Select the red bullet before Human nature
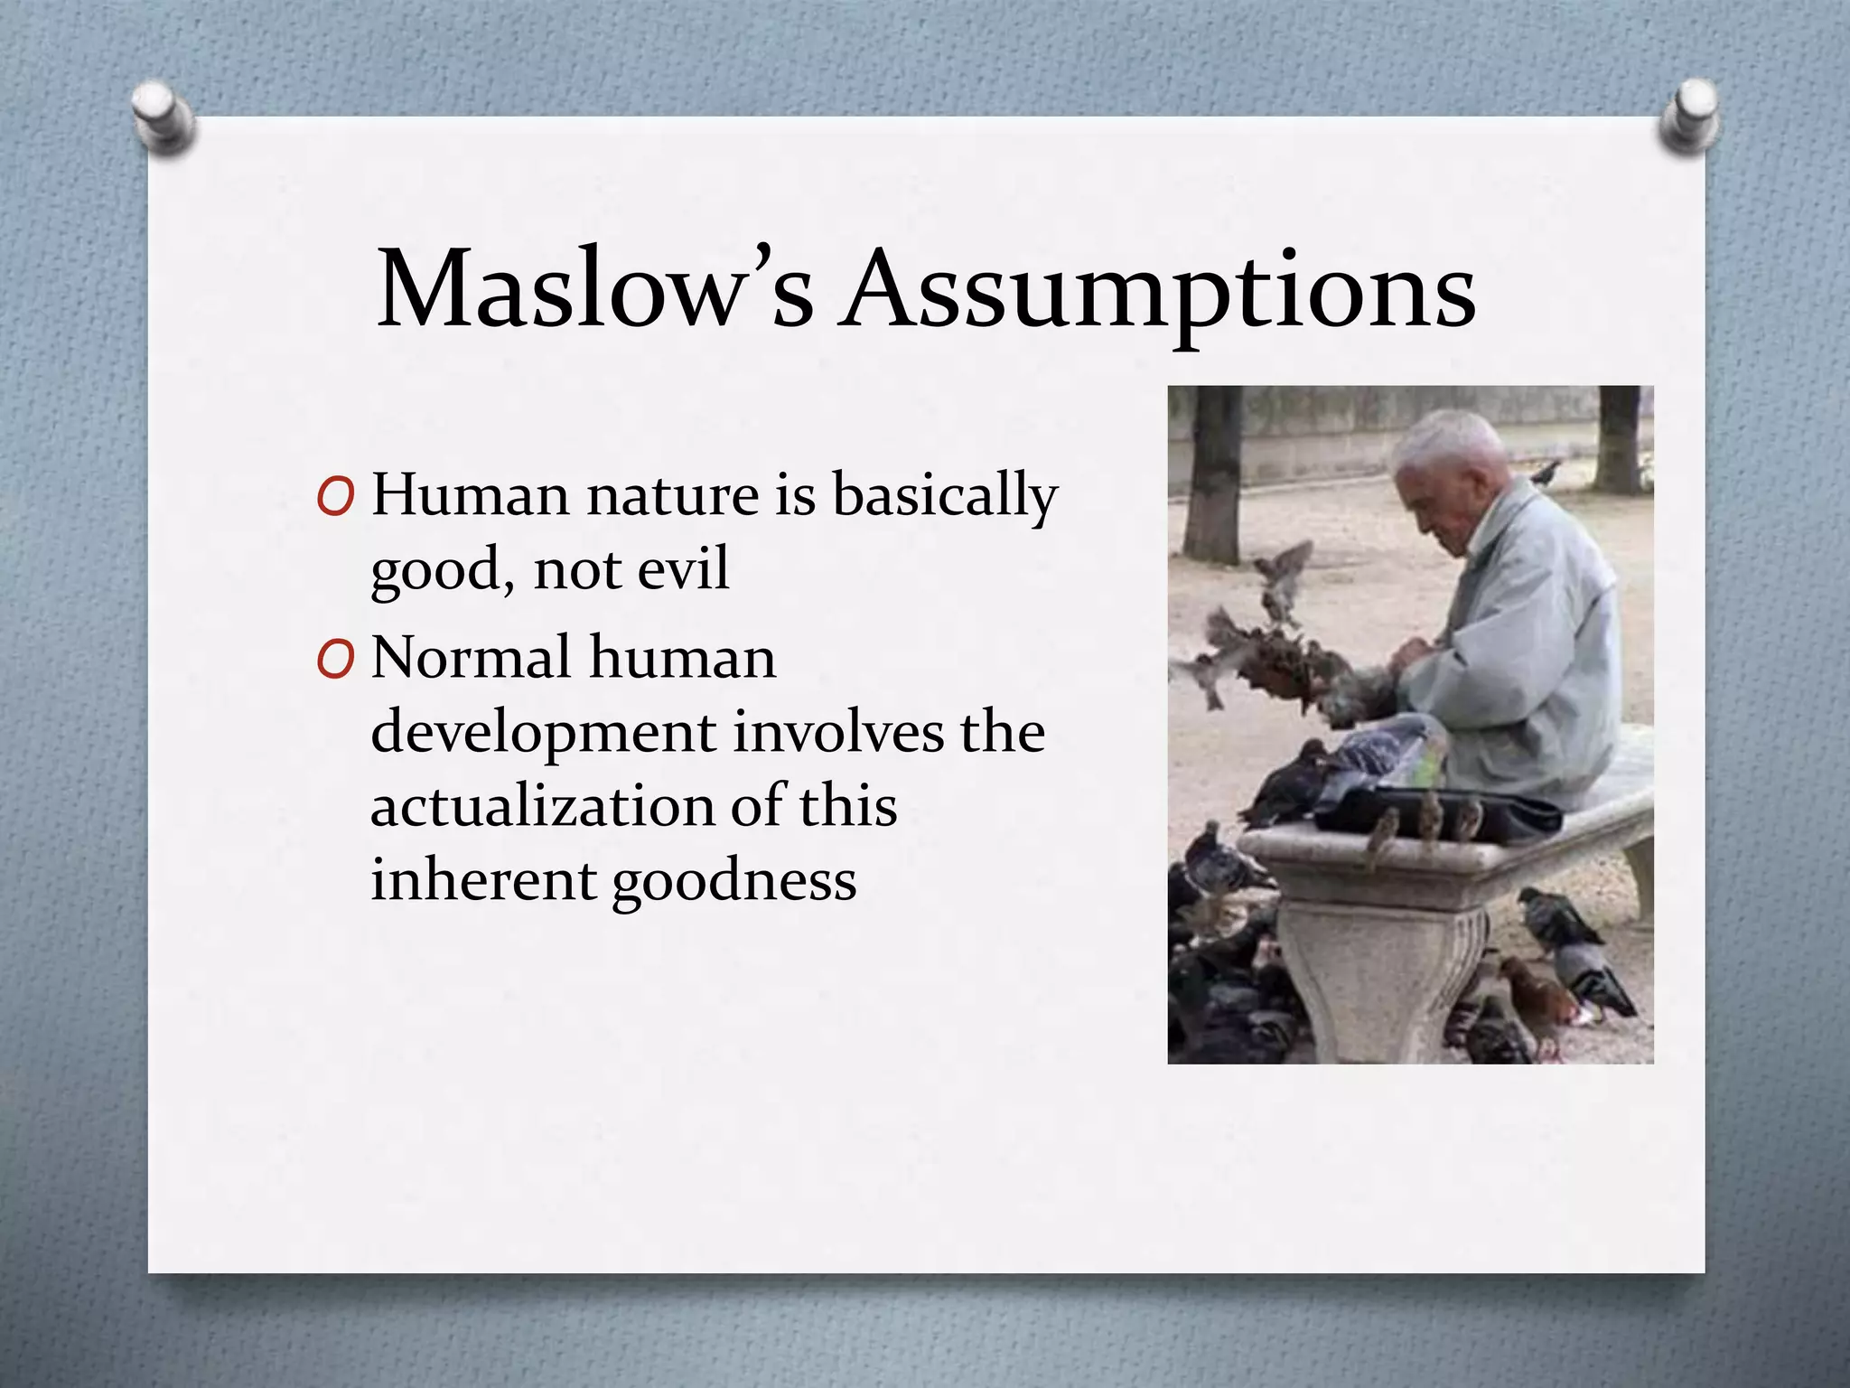click(335, 497)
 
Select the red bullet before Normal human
click(335, 661)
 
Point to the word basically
click(944, 498)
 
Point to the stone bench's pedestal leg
click(1382, 976)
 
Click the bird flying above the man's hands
click(1283, 569)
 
